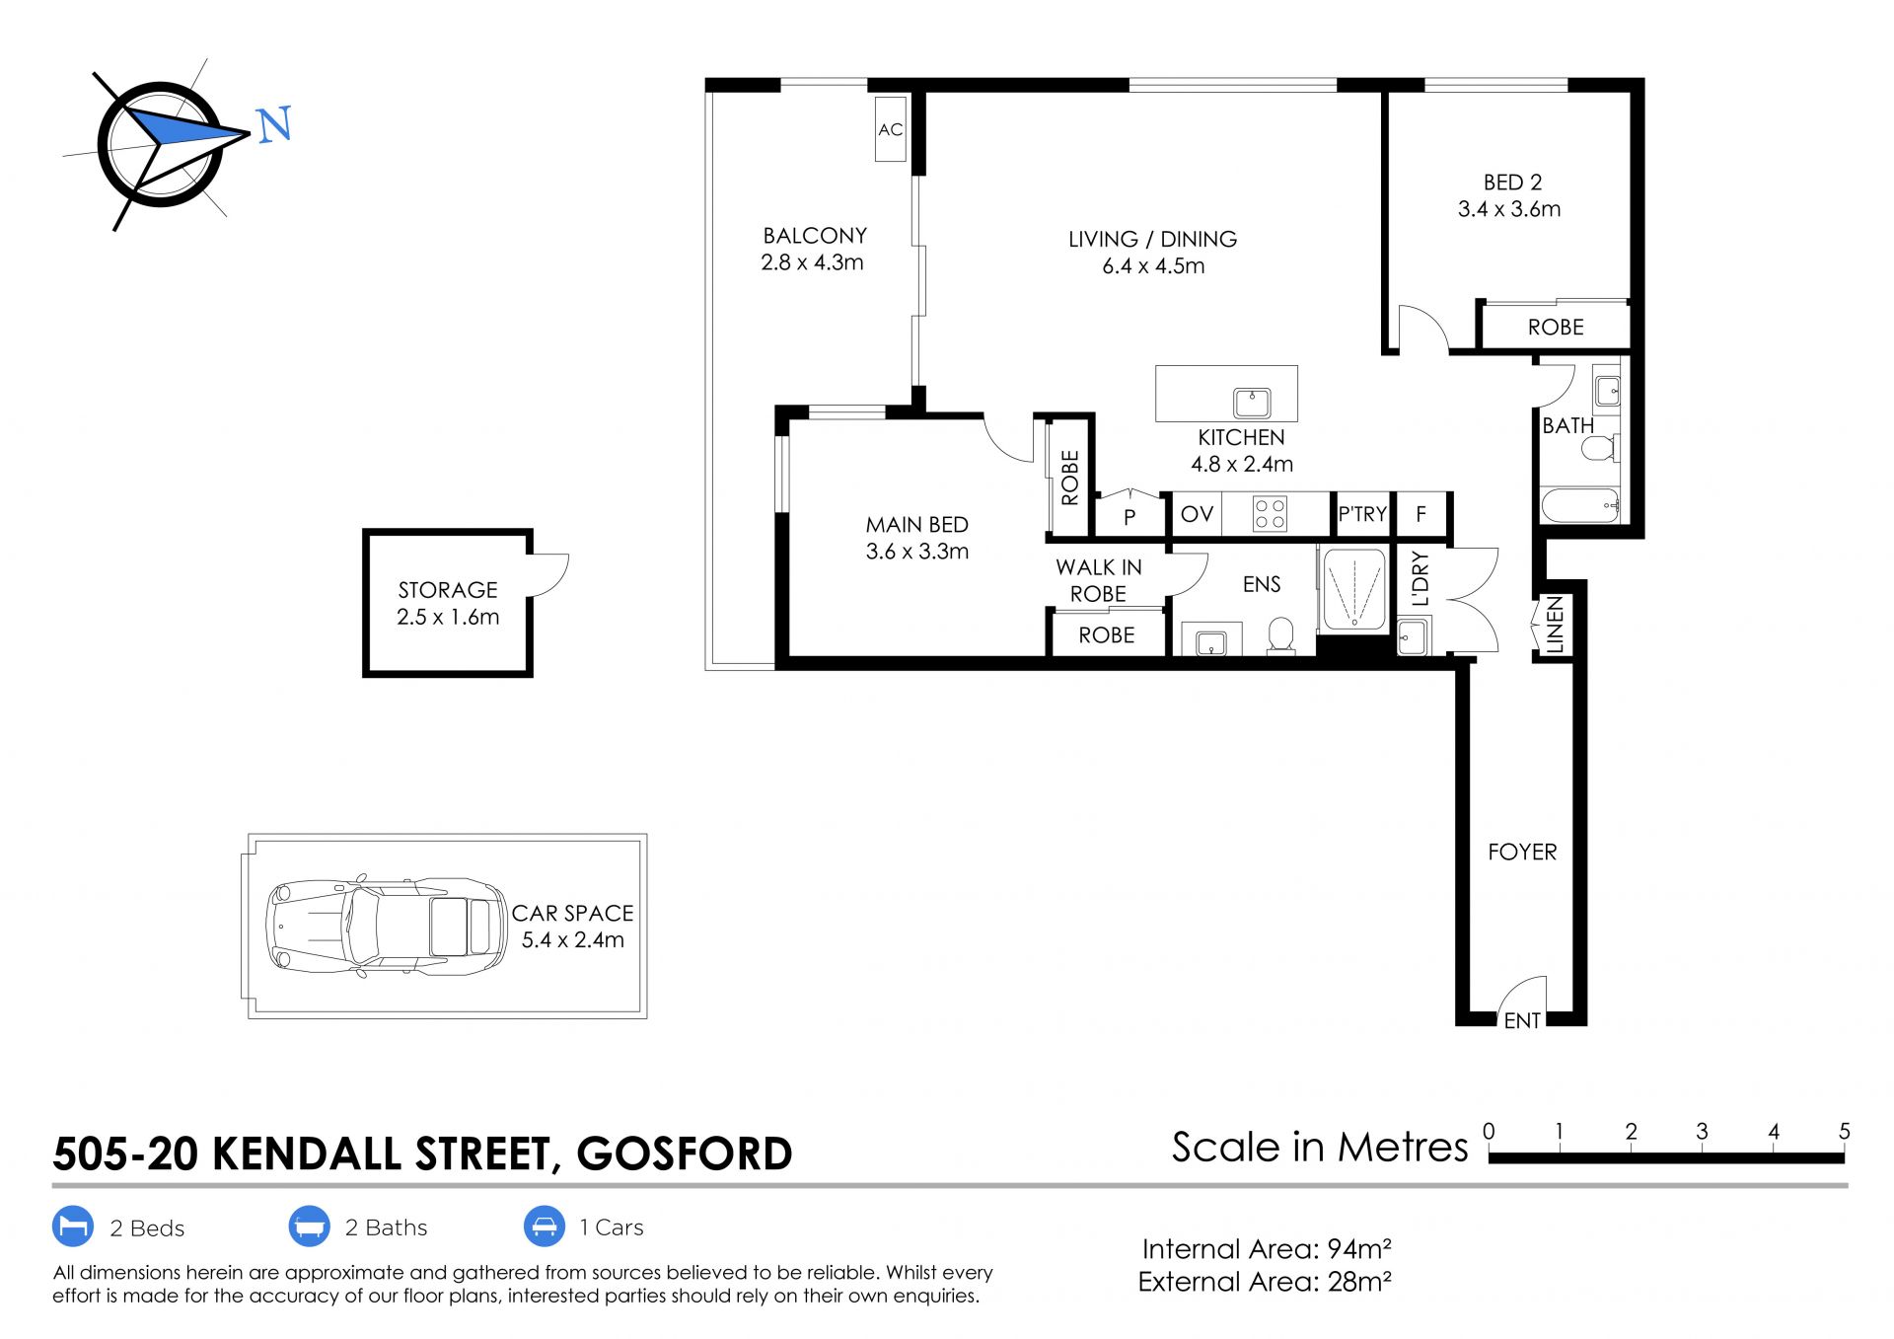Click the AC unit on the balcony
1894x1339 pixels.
pos(891,128)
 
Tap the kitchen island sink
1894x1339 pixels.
pos(1252,402)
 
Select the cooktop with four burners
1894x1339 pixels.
pos(1270,513)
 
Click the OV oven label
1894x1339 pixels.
pos(1197,514)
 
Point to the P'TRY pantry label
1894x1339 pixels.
pos(1362,514)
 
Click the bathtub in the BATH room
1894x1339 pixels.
pos(1580,505)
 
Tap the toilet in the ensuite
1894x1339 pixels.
pos(1281,635)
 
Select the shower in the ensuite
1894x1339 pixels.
pos(1353,589)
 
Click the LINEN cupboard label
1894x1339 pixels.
pos(1555,624)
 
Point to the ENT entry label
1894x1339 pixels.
pos(1522,1021)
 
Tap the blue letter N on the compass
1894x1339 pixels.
pos(274,124)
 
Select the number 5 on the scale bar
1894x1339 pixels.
pos(1844,1132)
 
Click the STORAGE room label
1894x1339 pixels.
pos(448,590)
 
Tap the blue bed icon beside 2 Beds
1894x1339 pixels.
pos(73,1227)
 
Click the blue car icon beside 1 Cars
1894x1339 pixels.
pos(544,1227)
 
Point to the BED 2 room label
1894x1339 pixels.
pos(1512,183)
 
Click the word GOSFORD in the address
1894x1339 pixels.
pos(685,1153)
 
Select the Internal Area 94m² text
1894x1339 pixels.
pos(1267,1249)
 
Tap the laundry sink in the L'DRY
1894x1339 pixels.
pos(1413,636)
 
